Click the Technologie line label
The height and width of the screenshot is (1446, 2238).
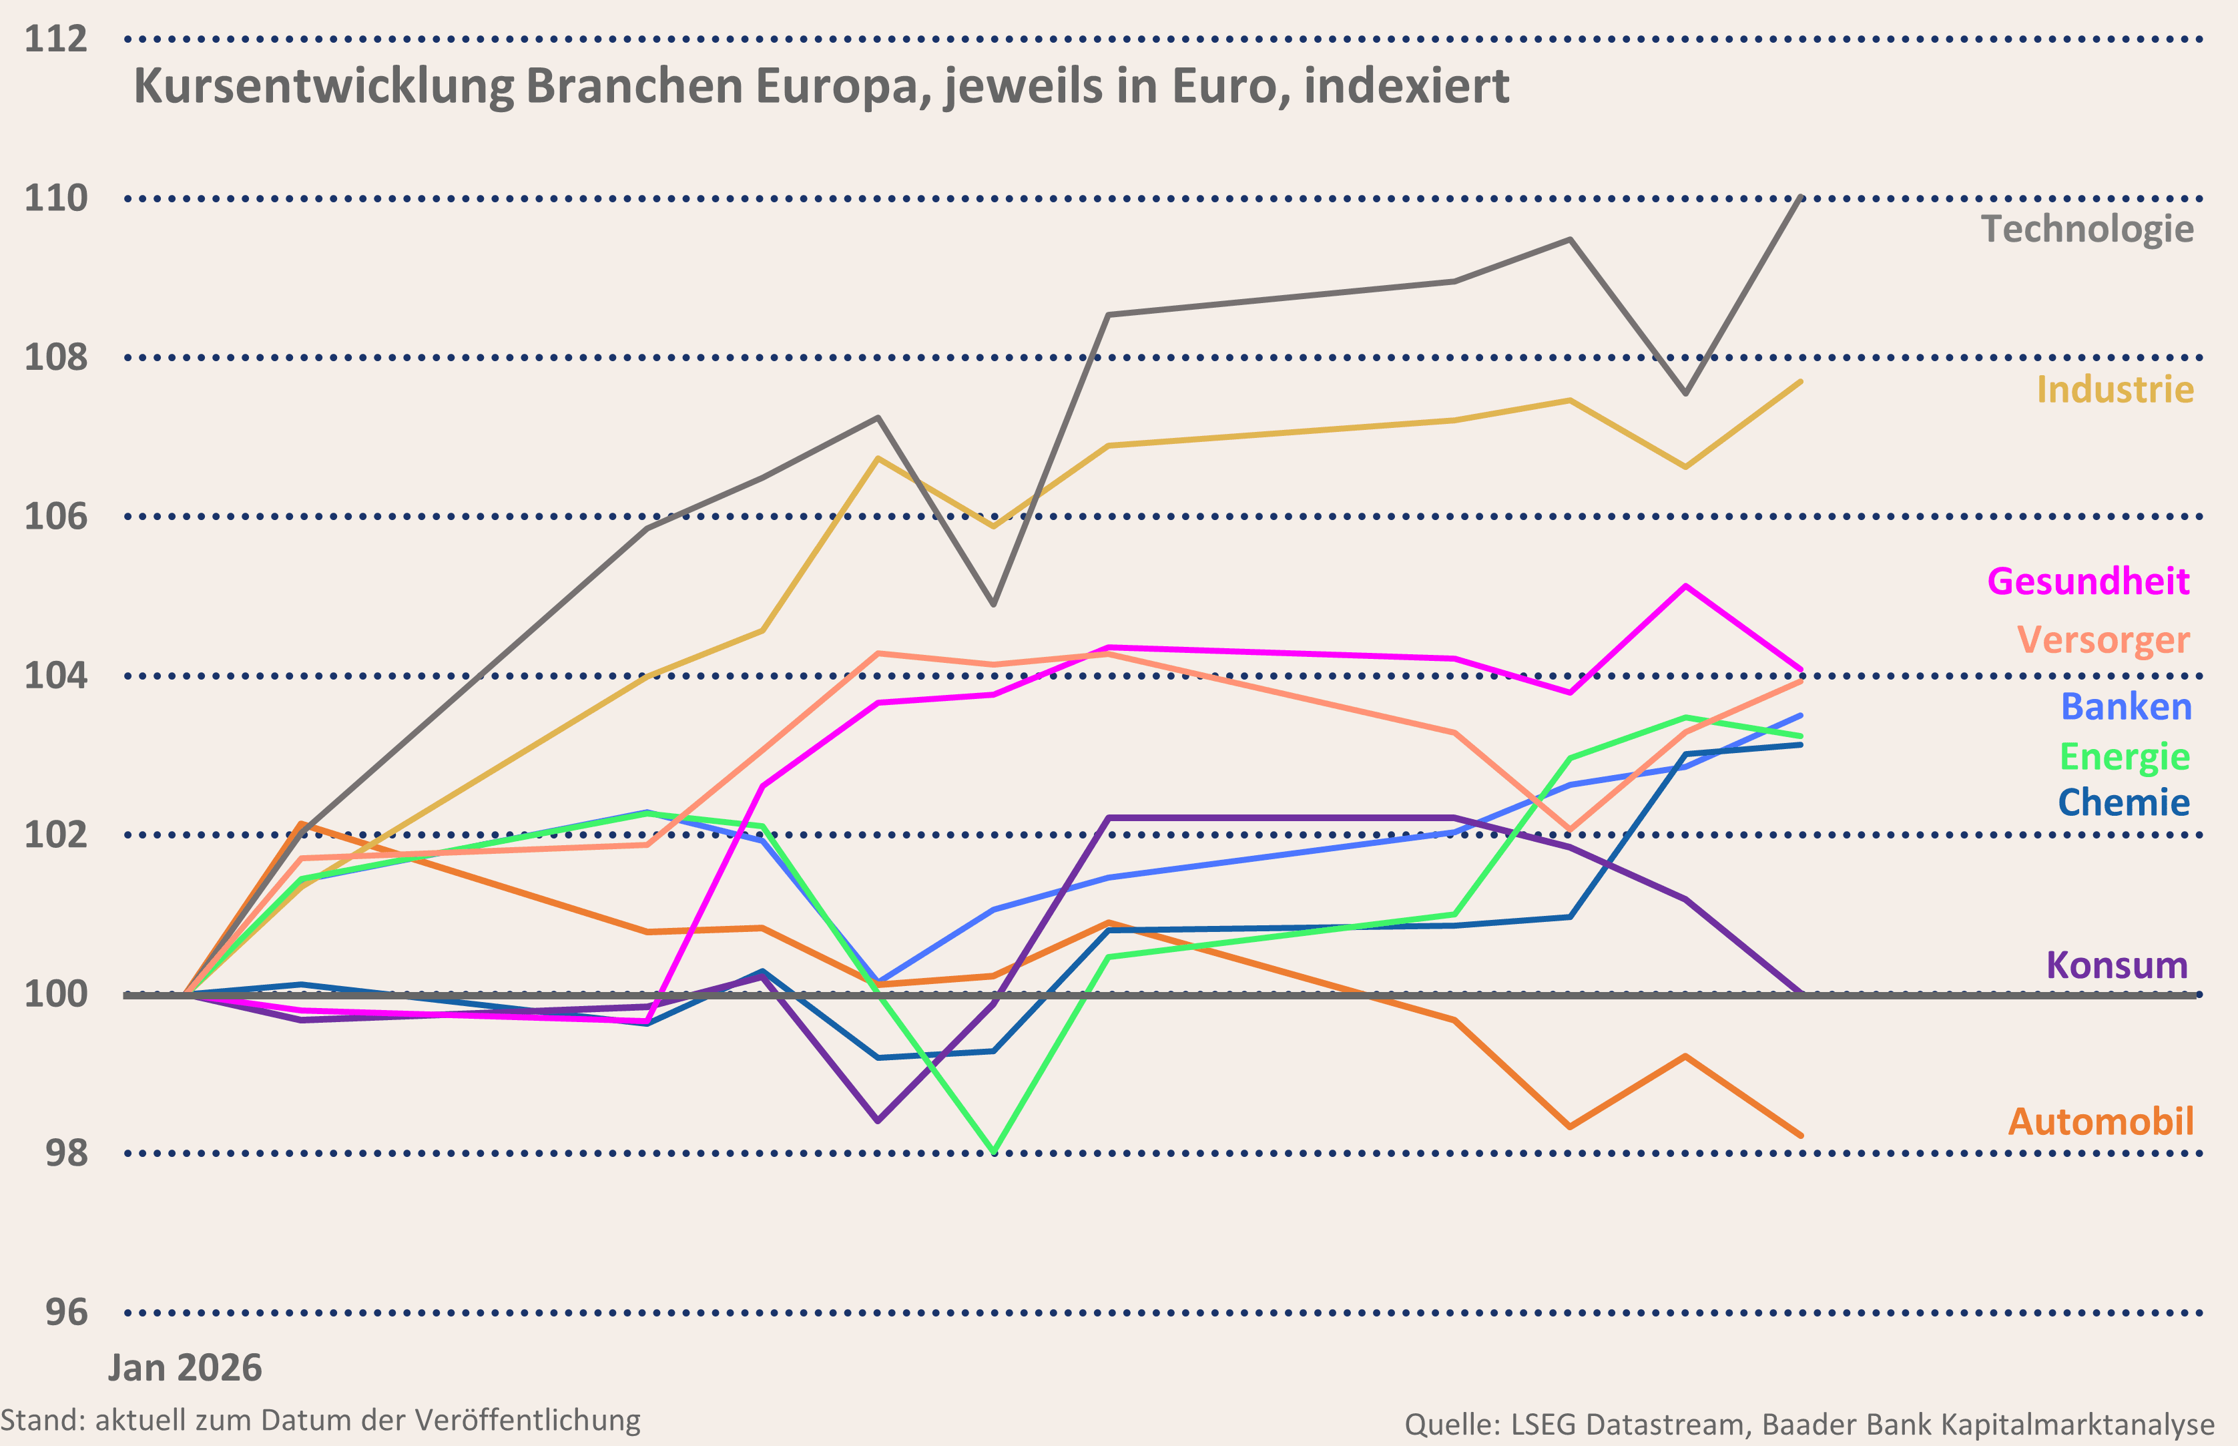point(2087,229)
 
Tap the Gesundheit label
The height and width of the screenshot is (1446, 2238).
point(2088,582)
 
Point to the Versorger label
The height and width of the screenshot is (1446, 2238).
point(2103,640)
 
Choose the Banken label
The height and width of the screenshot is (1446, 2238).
point(2125,707)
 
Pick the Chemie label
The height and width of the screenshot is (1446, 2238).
point(2123,803)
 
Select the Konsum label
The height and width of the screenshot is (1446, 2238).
point(2117,965)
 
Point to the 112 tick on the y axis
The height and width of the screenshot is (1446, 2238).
point(55,39)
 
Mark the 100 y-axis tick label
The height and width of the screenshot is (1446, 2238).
point(55,994)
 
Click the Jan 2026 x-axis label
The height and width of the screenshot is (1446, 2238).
point(185,1368)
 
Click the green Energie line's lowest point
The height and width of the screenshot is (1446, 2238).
point(993,1151)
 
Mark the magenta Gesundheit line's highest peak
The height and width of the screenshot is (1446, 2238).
point(1686,587)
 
